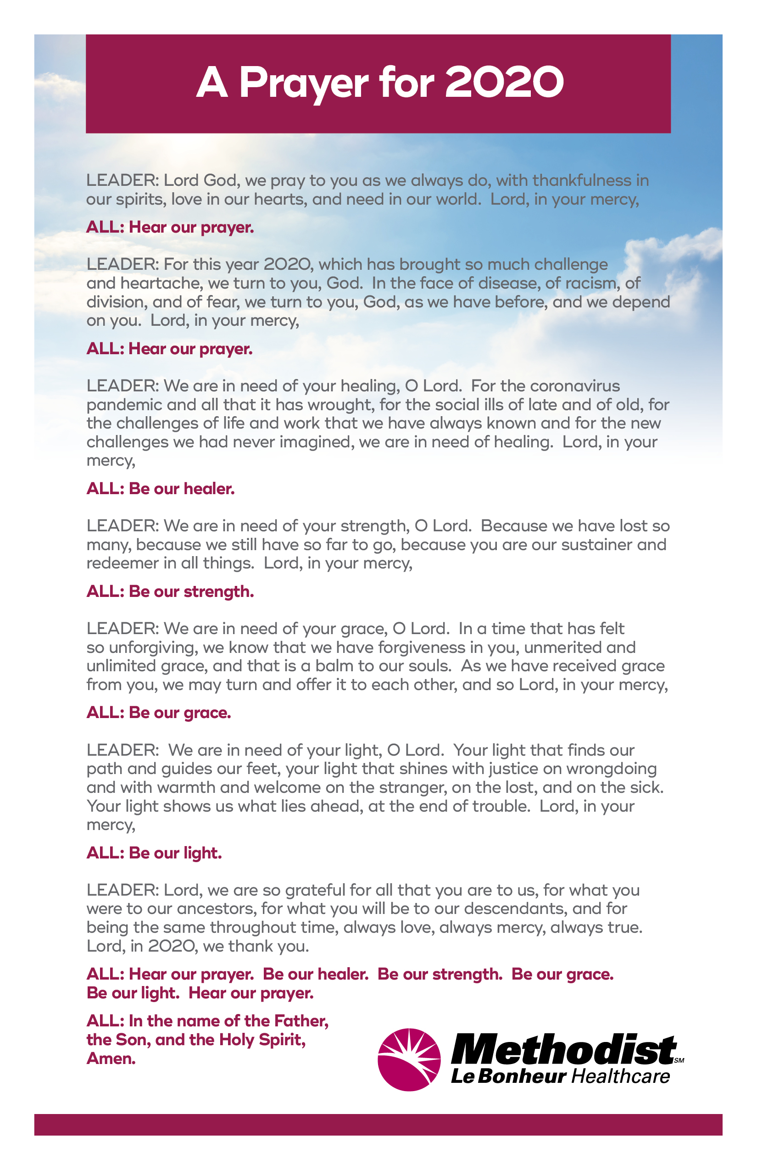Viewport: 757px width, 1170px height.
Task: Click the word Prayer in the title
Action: (303, 83)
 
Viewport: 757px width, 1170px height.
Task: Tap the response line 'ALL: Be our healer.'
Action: (160, 489)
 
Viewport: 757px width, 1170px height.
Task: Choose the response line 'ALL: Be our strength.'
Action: (170, 591)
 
